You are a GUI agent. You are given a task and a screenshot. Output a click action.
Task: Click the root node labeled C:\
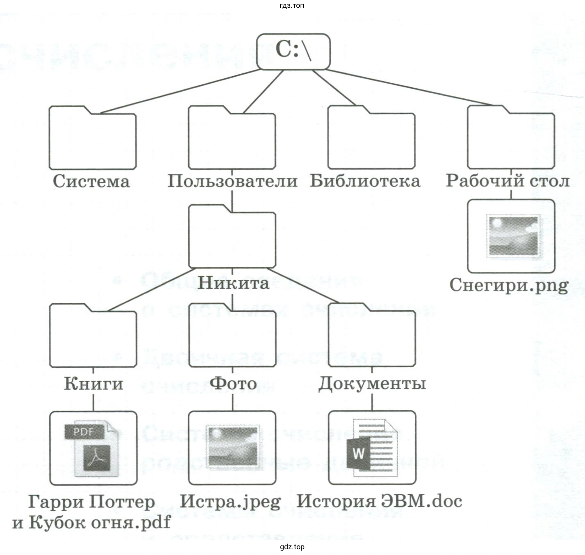coord(293,51)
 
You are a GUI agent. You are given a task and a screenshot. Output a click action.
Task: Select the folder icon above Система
coord(92,139)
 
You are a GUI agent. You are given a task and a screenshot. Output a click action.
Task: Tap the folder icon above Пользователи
coord(232,139)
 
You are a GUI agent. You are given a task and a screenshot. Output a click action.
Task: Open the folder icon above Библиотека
coord(371,139)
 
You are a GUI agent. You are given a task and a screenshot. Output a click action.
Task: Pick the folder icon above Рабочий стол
coord(511,139)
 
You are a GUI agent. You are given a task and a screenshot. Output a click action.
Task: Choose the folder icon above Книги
coord(93,337)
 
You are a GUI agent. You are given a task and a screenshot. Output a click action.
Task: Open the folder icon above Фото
coord(232,337)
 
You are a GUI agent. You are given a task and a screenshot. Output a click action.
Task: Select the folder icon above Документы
coord(372,337)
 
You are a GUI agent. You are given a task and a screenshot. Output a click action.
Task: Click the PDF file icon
coord(93,448)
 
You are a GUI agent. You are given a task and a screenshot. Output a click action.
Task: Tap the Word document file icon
coord(372,448)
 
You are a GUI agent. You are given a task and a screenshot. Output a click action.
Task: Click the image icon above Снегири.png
coord(511,236)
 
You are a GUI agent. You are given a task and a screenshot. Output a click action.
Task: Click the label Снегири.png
coord(509,285)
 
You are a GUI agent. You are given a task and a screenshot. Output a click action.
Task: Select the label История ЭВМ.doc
coord(379,501)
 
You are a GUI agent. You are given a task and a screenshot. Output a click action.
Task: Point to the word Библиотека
coord(365,181)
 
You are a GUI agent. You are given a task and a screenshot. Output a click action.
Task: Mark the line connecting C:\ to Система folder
coord(180,91)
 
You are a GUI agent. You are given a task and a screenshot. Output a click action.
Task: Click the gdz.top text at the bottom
coord(292,547)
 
